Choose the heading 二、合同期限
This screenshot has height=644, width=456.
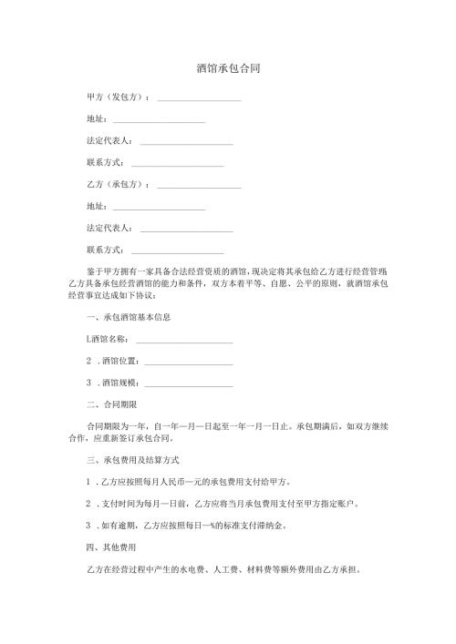(110, 404)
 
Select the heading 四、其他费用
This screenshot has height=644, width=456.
(110, 549)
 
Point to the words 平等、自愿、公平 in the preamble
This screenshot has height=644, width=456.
(254, 283)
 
